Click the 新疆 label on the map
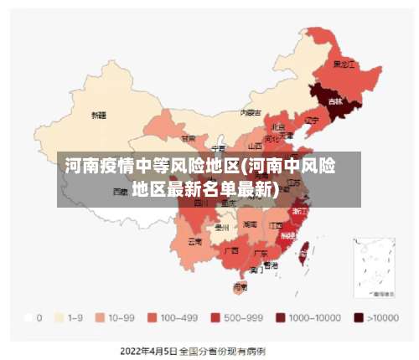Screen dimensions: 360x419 tap(99, 115)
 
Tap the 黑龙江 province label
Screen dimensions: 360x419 tap(344, 64)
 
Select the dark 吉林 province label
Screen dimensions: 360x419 tap(335, 101)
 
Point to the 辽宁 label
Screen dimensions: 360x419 tap(312, 120)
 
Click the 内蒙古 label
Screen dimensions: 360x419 tap(251, 111)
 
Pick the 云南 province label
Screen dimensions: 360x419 tap(194, 241)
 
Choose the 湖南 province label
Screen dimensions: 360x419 tap(250, 224)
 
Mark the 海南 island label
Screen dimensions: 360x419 tap(241, 286)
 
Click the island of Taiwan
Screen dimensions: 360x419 tap(304, 248)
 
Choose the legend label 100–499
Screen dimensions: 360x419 tap(179, 318)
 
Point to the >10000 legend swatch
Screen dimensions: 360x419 tap(360, 318)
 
